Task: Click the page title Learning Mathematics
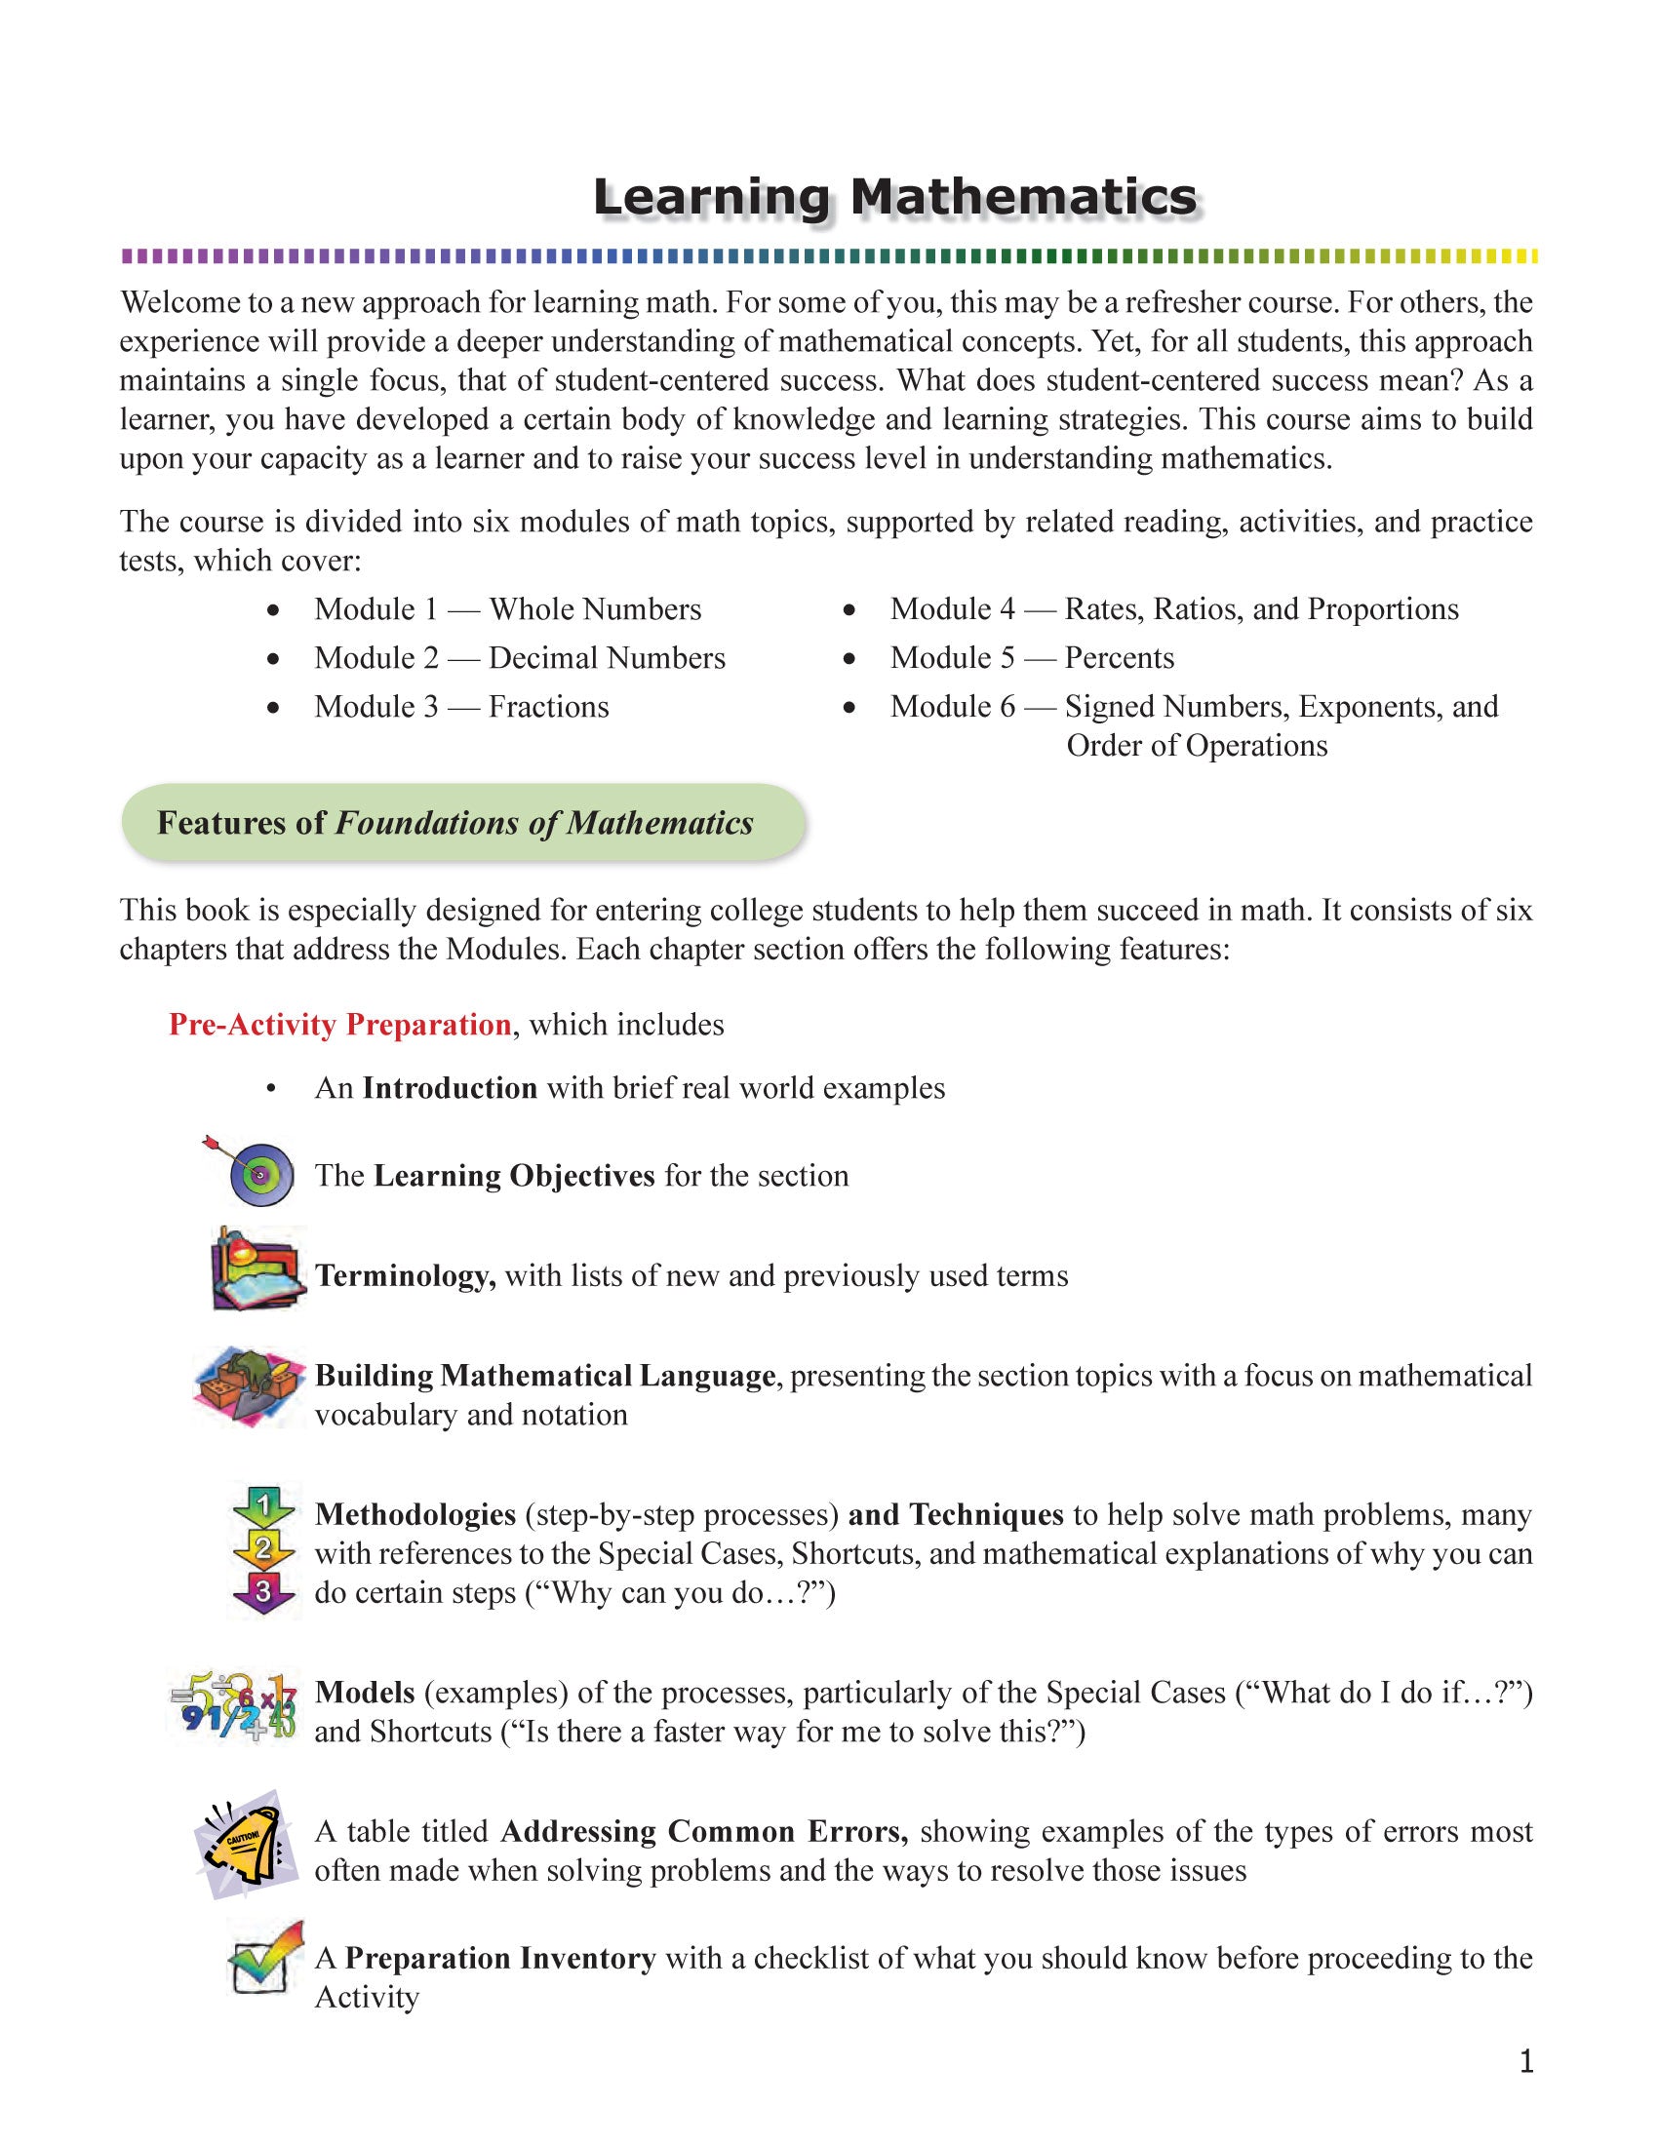[894, 197]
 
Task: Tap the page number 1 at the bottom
[1525, 2061]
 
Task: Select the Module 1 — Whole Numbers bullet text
[507, 610]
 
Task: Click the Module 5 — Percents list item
[1031, 658]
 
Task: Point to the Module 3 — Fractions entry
[460, 707]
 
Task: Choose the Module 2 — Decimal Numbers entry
[519, 658]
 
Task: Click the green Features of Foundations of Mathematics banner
[461, 823]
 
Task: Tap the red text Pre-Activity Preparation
[339, 1025]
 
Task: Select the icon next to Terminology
[257, 1268]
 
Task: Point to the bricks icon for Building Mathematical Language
[248, 1384]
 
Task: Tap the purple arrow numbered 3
[262, 1591]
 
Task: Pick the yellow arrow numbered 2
[262, 1550]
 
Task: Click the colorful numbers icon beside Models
[234, 1710]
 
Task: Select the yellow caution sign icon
[246, 1845]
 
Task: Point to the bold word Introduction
[449, 1088]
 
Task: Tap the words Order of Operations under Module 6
[1196, 747]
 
